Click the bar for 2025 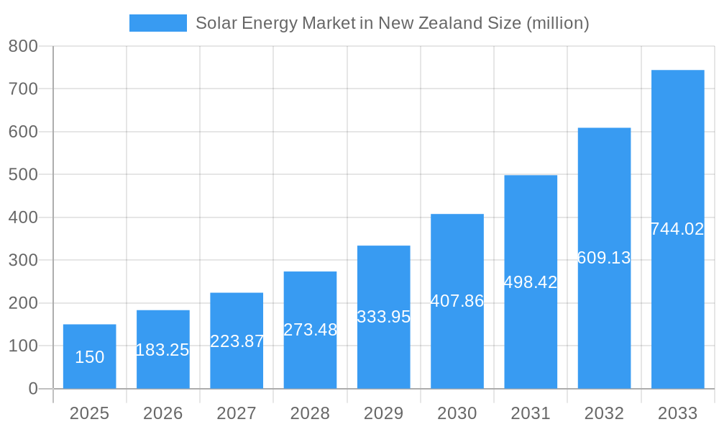click(89, 338)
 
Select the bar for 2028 click(310, 302)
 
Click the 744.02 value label click(677, 229)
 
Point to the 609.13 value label click(604, 258)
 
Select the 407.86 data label click(457, 301)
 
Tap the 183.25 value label click(162, 350)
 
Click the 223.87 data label click(237, 341)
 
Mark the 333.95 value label click(384, 317)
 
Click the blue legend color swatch click(157, 23)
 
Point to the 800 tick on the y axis click(23, 47)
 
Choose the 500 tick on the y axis click(23, 175)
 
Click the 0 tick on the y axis click(33, 389)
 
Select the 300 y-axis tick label click(23, 261)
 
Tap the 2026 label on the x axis click(162, 413)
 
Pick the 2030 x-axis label click(457, 413)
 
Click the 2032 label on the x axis click(604, 413)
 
